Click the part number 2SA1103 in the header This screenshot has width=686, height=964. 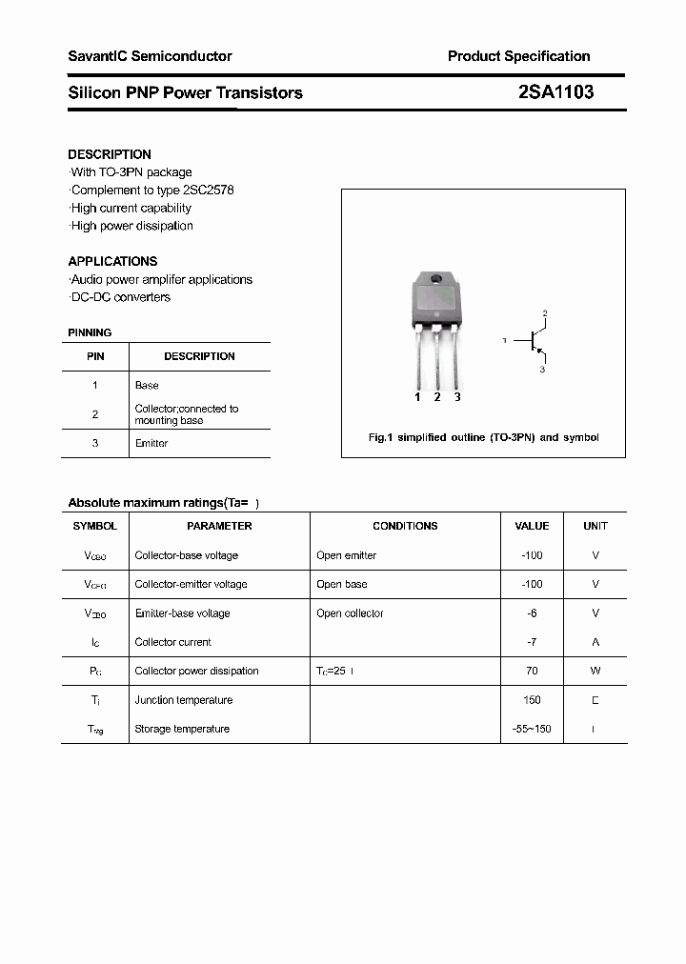point(555,92)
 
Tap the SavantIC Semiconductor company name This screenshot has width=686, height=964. point(150,56)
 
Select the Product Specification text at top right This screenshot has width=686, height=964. point(518,56)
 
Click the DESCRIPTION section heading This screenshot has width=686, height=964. point(110,154)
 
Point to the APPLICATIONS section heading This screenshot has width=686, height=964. point(112,261)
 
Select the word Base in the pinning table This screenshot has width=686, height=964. point(147,386)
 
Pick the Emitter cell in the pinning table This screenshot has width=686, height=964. point(151,444)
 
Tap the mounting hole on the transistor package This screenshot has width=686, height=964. point(436,280)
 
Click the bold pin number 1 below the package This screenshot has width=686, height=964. point(417,397)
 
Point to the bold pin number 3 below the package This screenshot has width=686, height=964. point(457,397)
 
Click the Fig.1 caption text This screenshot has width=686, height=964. point(483,438)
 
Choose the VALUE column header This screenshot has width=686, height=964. point(532,526)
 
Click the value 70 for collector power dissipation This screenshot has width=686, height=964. point(532,672)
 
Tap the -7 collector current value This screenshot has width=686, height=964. point(532,642)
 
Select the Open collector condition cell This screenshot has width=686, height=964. point(350,613)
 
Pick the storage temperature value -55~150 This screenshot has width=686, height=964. point(532,730)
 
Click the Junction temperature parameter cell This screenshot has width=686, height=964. point(184,700)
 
